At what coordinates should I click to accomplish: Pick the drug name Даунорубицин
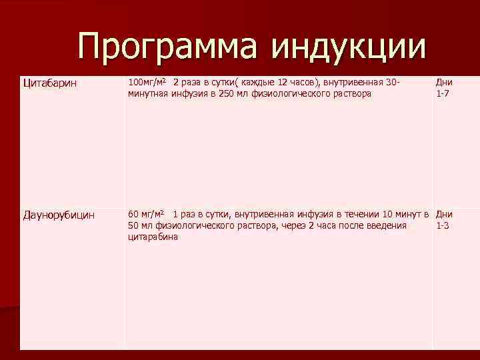pyautogui.click(x=59, y=215)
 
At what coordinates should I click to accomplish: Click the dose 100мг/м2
pyautogui.click(x=147, y=82)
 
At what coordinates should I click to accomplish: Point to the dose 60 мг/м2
pyautogui.click(x=146, y=214)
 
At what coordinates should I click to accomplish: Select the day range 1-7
pyautogui.click(x=442, y=93)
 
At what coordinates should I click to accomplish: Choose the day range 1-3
pyautogui.click(x=442, y=225)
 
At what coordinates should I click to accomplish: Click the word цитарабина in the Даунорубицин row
pyautogui.click(x=153, y=237)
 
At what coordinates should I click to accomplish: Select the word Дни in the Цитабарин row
pyautogui.click(x=444, y=82)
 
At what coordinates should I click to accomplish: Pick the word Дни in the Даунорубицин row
pyautogui.click(x=444, y=214)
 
